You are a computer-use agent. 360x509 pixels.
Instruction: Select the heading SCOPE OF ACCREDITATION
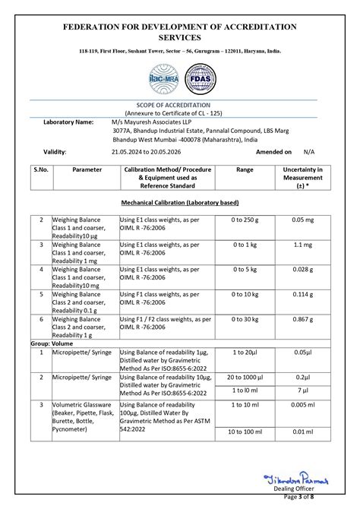point(179,105)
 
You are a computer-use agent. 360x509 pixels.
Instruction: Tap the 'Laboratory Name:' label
point(68,122)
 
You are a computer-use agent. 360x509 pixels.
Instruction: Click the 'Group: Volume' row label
point(52,343)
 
